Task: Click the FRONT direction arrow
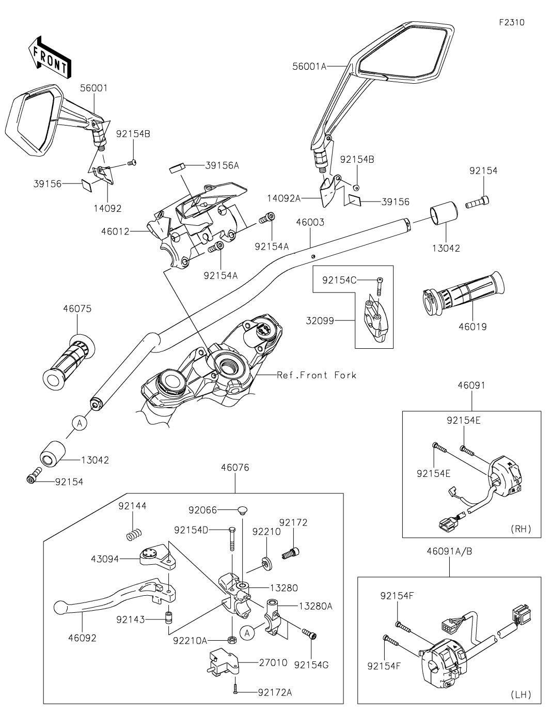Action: coord(49,58)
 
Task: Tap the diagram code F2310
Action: coord(512,22)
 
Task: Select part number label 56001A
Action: coord(309,67)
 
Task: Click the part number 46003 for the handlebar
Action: coord(310,223)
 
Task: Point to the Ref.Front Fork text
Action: coord(317,375)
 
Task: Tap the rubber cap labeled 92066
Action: coord(242,510)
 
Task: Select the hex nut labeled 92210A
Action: coord(231,639)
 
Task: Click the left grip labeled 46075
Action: coord(69,362)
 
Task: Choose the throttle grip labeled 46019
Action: coord(463,292)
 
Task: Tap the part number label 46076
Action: coord(235,468)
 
